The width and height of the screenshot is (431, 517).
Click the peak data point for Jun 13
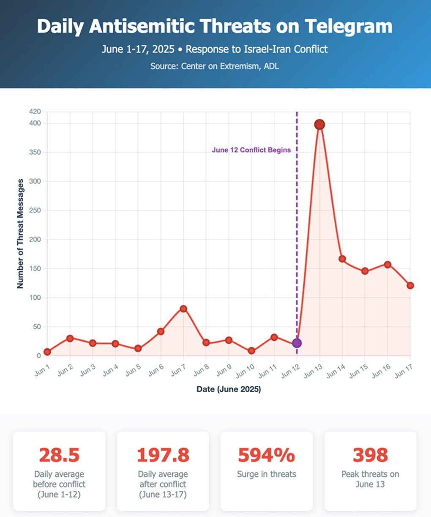pyautogui.click(x=319, y=124)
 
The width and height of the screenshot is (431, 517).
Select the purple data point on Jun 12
pyautogui.click(x=297, y=343)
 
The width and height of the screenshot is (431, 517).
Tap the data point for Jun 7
pyautogui.click(x=183, y=309)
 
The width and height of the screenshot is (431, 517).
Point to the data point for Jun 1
pyautogui.click(x=47, y=352)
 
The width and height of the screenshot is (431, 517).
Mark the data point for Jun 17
pyautogui.click(x=410, y=286)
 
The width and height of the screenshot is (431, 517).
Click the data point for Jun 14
pyautogui.click(x=342, y=259)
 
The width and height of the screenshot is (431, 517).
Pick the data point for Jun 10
pyautogui.click(x=251, y=351)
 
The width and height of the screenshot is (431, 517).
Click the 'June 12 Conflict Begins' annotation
pyautogui.click(x=251, y=150)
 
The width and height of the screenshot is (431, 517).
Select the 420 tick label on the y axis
pyautogui.click(x=35, y=112)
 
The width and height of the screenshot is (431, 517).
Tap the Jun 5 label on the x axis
pyautogui.click(x=134, y=371)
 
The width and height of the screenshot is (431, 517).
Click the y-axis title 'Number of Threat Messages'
pyautogui.click(x=20, y=233)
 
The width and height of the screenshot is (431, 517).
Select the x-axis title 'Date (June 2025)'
pyautogui.click(x=229, y=389)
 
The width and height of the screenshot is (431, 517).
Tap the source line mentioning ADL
pyautogui.click(x=215, y=66)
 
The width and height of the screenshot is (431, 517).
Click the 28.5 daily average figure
pyautogui.click(x=59, y=455)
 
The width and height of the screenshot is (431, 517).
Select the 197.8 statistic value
pyautogui.click(x=163, y=455)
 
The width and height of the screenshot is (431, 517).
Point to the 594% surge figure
pyautogui.click(x=266, y=455)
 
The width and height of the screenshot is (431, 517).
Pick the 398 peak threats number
pyautogui.click(x=370, y=455)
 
